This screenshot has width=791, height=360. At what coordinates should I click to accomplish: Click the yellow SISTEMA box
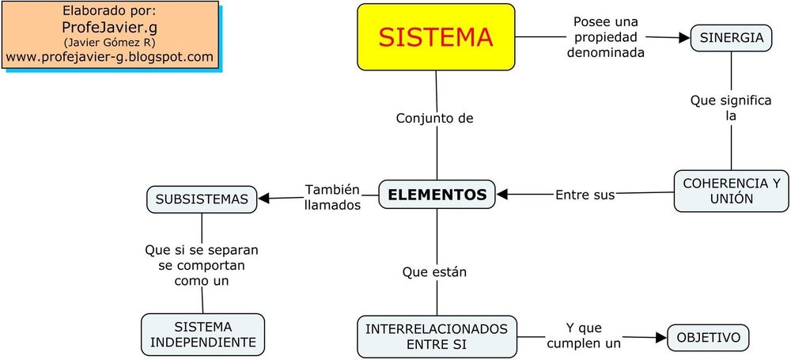pyautogui.click(x=436, y=36)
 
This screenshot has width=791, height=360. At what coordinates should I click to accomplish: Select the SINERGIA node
pyautogui.click(x=731, y=38)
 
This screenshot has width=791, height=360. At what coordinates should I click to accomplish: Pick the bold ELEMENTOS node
pyautogui.click(x=437, y=194)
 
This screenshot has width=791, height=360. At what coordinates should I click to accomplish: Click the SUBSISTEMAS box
pyautogui.click(x=202, y=199)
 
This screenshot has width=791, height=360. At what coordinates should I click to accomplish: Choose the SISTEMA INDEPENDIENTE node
pyautogui.click(x=202, y=335)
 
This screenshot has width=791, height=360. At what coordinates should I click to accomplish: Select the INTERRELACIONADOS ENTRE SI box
pyautogui.click(x=437, y=336)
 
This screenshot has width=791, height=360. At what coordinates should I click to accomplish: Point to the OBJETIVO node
pyautogui.click(x=708, y=338)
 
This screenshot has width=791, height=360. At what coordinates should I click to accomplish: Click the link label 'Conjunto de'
pyautogui.click(x=434, y=119)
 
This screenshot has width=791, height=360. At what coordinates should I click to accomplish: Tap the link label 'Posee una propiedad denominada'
pyautogui.click(x=606, y=37)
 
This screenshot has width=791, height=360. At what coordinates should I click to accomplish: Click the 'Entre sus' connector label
pyautogui.click(x=585, y=194)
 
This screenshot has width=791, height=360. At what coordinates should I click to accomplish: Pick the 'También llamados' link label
pyautogui.click(x=332, y=197)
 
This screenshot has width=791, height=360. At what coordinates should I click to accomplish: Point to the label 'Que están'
pyautogui.click(x=434, y=272)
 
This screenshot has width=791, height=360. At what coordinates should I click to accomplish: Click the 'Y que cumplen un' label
pyautogui.click(x=583, y=335)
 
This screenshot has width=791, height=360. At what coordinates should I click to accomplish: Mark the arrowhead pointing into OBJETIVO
pyautogui.click(x=660, y=338)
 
